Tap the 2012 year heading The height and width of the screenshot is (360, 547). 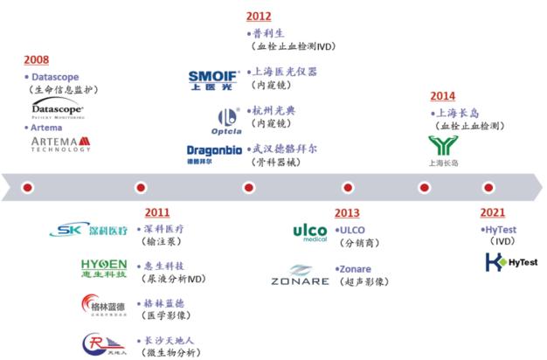(x=259, y=16)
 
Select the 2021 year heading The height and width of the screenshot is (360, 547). (x=493, y=212)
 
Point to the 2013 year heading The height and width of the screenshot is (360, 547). (x=347, y=212)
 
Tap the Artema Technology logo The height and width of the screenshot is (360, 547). (x=60, y=144)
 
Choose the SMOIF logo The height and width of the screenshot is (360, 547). (x=213, y=80)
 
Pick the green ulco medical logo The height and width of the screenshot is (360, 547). (x=309, y=233)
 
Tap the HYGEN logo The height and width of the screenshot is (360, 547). (x=103, y=268)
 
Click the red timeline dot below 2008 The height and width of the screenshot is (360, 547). (x=27, y=187)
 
